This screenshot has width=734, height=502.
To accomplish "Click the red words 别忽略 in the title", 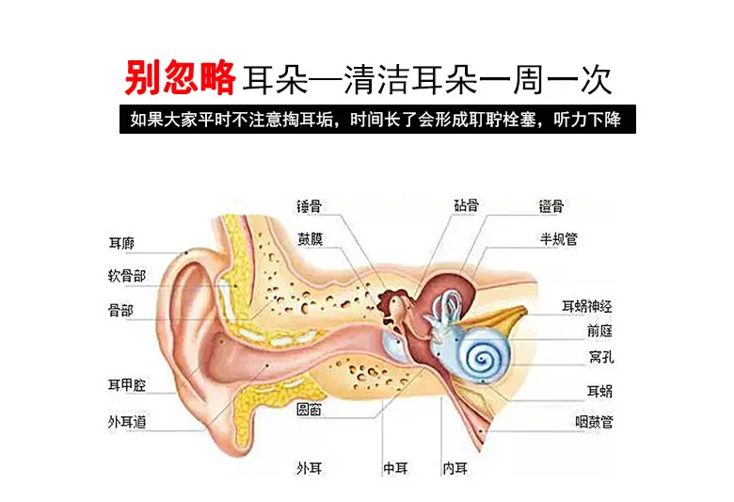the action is click(x=179, y=79).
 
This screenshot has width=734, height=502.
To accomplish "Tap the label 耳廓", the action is click(x=121, y=244).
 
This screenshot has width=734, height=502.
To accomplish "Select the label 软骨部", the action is click(x=126, y=276).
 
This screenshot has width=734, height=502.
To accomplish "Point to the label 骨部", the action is click(x=120, y=308).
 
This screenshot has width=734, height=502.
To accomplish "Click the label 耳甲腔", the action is click(x=126, y=384).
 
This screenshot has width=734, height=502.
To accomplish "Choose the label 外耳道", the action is click(x=126, y=422).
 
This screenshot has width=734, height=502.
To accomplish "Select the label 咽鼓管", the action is click(x=594, y=422).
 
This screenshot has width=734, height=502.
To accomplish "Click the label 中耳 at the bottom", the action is click(x=394, y=466).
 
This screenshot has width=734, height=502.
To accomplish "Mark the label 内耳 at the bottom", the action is click(x=455, y=466).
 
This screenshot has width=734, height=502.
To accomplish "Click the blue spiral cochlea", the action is click(x=484, y=358).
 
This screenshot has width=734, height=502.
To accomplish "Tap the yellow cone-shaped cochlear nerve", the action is click(x=513, y=320).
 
